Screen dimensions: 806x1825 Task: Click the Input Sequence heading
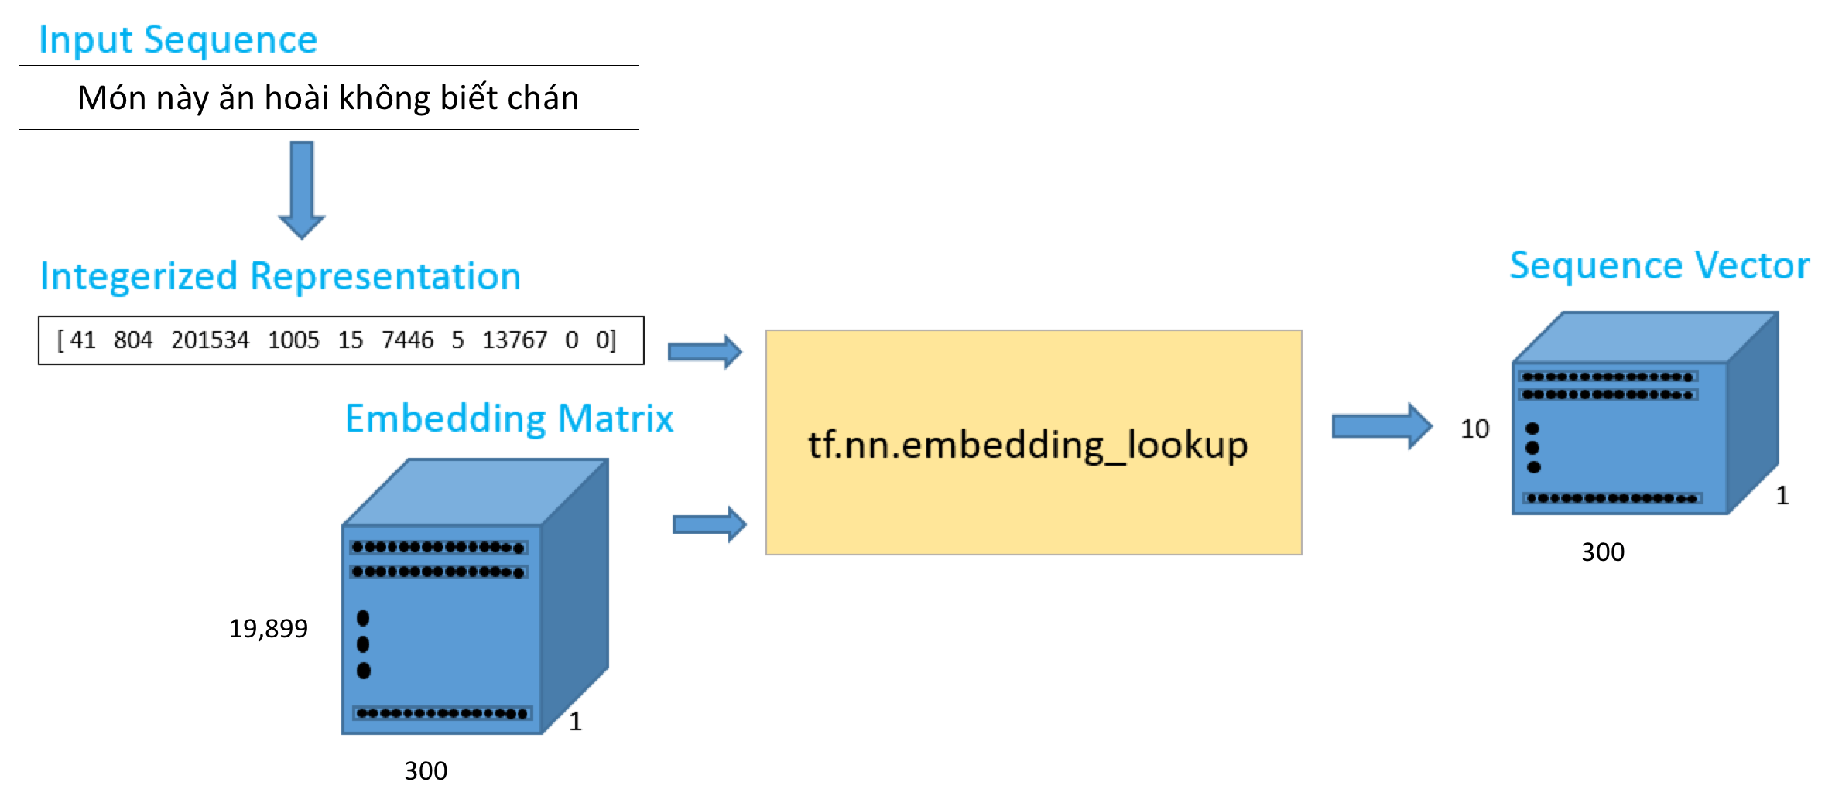click(x=178, y=40)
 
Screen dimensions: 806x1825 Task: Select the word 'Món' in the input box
click(x=111, y=98)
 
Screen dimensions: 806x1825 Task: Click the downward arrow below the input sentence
click(x=302, y=189)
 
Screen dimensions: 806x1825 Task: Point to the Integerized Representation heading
click(x=280, y=276)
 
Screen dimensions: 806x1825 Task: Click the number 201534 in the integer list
click(x=210, y=340)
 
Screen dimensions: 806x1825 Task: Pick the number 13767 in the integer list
click(x=514, y=340)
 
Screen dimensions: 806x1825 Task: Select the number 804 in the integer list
click(x=133, y=340)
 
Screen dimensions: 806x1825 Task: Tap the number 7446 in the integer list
click(x=407, y=340)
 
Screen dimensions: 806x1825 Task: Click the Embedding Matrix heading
click(x=508, y=418)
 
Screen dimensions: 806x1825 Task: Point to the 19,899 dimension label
click(x=268, y=628)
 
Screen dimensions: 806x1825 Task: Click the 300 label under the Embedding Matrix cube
click(x=426, y=770)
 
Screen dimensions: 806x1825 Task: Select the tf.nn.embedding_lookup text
click(x=1028, y=445)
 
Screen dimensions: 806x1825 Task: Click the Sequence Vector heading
click(x=1659, y=266)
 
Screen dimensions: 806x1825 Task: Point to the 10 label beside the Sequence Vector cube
click(x=1474, y=429)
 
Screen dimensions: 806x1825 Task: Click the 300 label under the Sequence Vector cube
click(x=1603, y=552)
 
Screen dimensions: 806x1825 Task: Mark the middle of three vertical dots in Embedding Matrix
click(x=363, y=644)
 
